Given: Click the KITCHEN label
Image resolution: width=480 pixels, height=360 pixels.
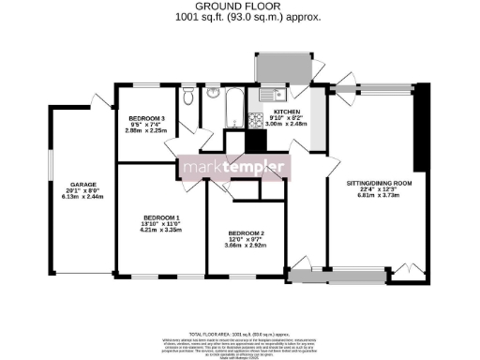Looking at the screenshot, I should click(x=286, y=111).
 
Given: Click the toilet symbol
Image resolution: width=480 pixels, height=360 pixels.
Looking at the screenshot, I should click(x=189, y=97).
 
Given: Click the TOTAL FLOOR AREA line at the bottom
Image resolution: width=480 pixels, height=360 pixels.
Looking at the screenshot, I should click(x=240, y=334).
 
